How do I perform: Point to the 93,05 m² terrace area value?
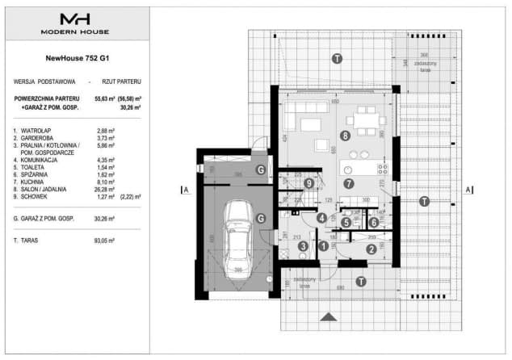106,241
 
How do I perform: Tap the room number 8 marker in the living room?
346,136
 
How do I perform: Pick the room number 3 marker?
301,247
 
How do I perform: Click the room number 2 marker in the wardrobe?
371,249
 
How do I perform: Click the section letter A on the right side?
468,190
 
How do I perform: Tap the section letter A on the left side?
186,190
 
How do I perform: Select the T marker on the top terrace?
336,59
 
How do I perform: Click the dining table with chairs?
367,122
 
